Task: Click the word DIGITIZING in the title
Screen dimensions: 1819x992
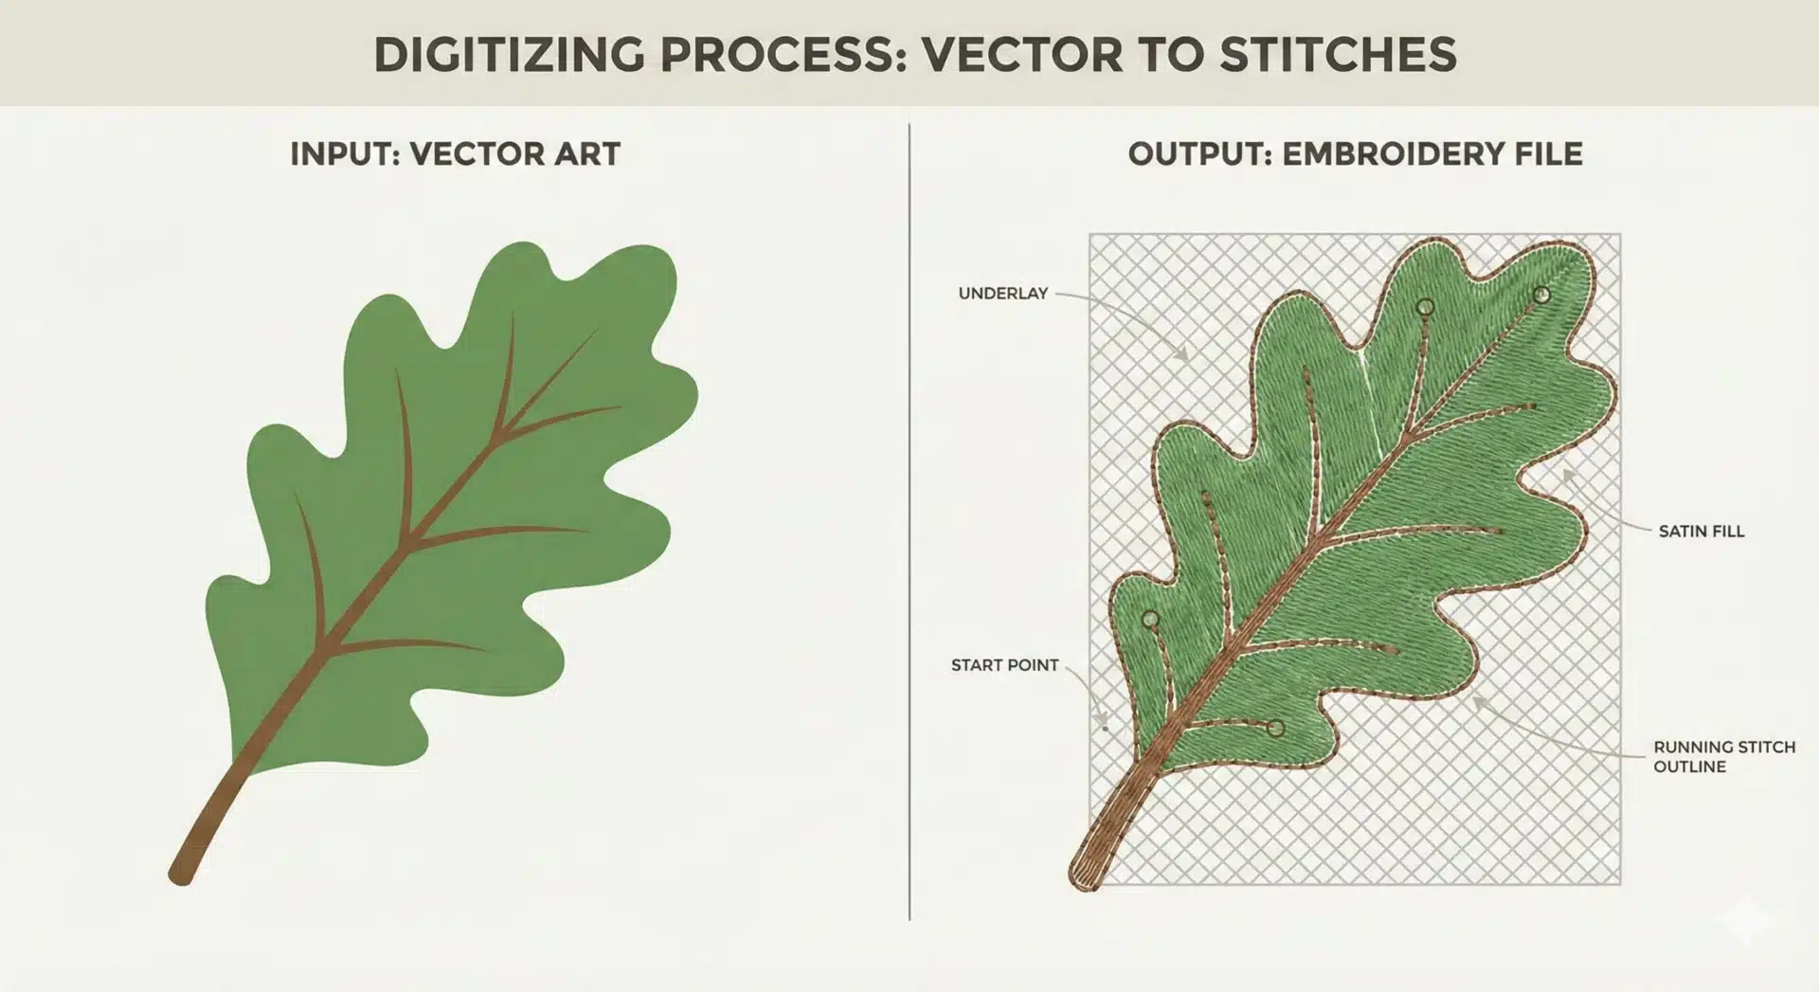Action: click(510, 54)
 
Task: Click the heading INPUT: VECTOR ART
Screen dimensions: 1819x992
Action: click(455, 154)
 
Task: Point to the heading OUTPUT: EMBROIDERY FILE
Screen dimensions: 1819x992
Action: click(1355, 154)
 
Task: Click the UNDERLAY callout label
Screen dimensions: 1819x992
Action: click(1003, 294)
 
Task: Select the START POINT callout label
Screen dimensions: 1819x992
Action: click(1005, 665)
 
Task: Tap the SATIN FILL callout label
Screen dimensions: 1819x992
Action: click(1702, 532)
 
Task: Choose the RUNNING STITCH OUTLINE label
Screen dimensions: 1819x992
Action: click(1724, 756)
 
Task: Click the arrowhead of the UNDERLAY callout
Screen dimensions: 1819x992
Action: click(1183, 356)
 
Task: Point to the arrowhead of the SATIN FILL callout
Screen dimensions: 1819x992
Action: click(1566, 475)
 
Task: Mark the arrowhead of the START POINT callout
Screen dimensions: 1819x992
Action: click(1104, 726)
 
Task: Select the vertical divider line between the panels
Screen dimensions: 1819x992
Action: click(909, 521)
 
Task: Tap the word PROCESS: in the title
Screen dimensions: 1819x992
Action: click(785, 54)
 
